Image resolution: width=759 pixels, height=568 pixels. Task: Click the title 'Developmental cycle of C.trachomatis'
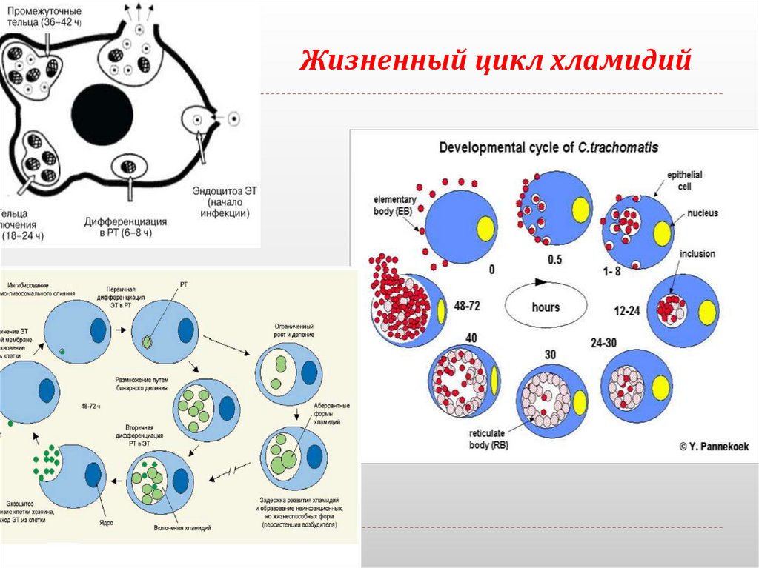[548, 147]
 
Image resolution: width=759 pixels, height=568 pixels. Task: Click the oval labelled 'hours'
[546, 306]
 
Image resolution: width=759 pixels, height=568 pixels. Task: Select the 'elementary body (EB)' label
[395, 205]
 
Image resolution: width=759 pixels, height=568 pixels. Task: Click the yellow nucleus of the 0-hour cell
[486, 227]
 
